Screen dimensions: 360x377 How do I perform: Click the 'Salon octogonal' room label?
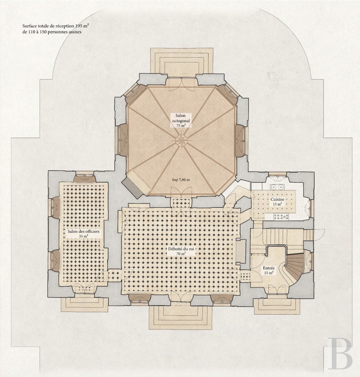coord(182,118)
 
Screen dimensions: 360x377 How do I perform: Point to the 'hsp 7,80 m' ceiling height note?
coord(181,179)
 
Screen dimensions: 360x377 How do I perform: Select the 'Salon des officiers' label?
coord(83,232)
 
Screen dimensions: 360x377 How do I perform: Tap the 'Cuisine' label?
coord(278,199)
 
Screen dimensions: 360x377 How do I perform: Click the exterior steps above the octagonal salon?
coord(182,61)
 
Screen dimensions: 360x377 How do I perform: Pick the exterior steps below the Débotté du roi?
coord(181,317)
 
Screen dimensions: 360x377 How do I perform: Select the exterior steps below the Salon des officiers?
coord(83,305)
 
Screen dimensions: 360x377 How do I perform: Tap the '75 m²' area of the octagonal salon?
coord(182,126)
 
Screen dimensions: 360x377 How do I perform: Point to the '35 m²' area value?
coord(83,236)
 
